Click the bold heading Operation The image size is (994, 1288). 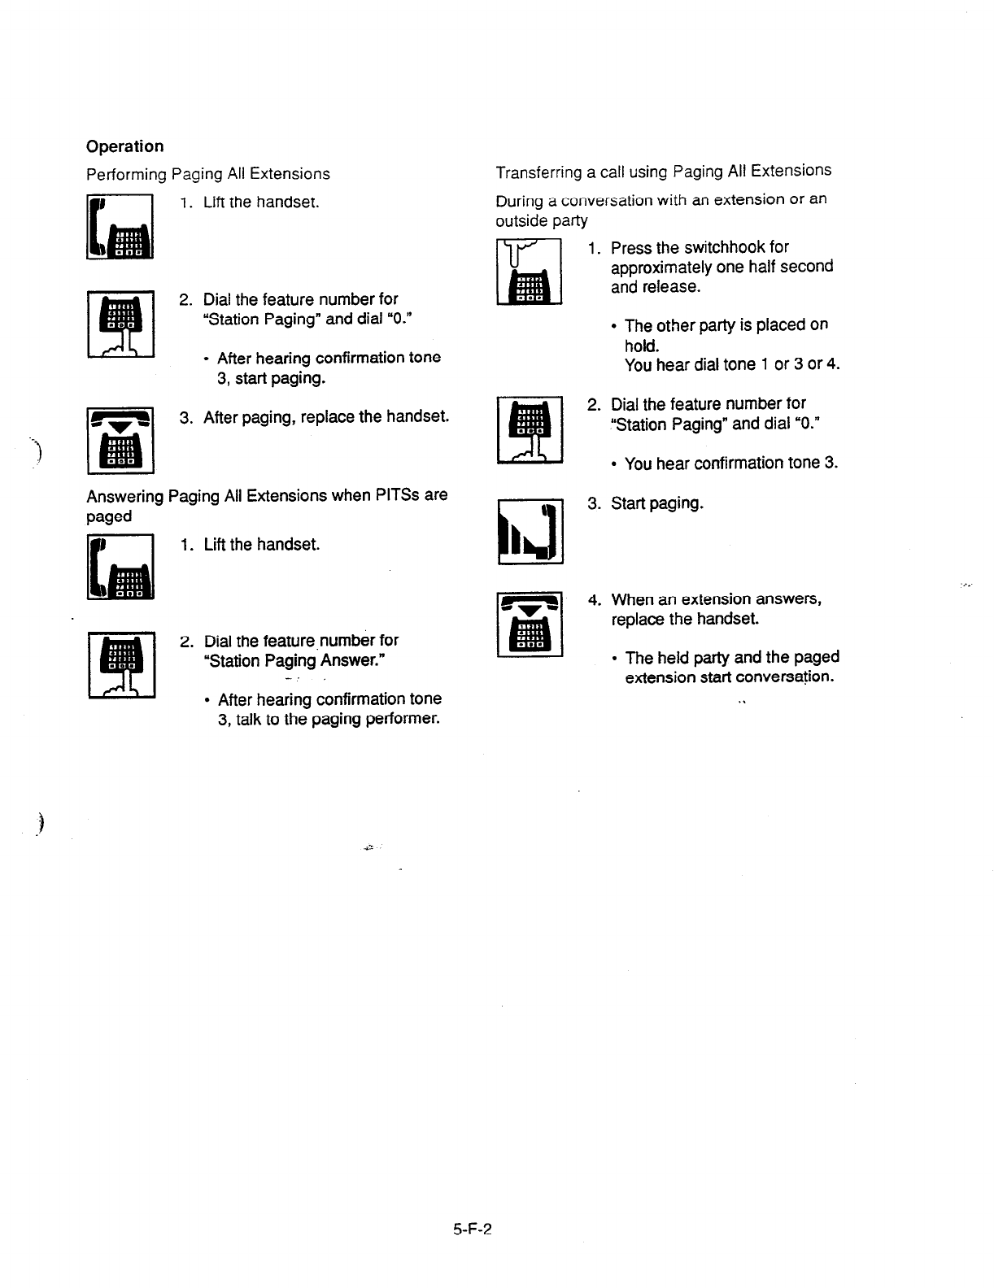(x=124, y=146)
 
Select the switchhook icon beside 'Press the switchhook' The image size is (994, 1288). (x=530, y=272)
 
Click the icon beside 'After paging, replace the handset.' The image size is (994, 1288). (x=120, y=442)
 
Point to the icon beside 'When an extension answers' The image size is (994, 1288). (x=530, y=624)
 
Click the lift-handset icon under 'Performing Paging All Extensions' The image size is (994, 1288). (x=120, y=227)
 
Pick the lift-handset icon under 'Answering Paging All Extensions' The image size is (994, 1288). (x=120, y=566)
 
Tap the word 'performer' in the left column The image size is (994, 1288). (x=403, y=719)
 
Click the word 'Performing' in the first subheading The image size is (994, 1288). (x=126, y=174)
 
